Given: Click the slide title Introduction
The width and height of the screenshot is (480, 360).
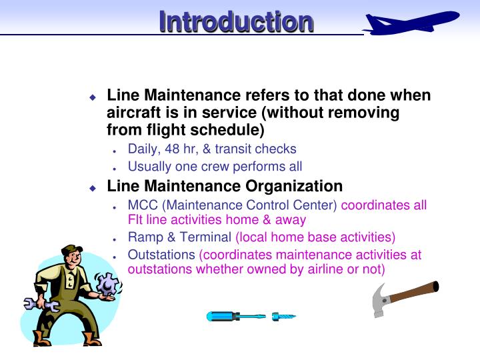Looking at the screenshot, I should (236, 21).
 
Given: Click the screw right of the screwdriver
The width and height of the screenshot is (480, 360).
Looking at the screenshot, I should (283, 316).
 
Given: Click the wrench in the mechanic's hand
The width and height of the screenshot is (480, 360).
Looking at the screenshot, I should (40, 305).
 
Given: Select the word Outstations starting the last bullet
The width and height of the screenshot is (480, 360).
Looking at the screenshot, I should (161, 255).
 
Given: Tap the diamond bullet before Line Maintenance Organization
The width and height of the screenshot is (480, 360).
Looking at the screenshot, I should (93, 188).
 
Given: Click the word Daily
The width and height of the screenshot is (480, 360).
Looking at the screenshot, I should (142, 149).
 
